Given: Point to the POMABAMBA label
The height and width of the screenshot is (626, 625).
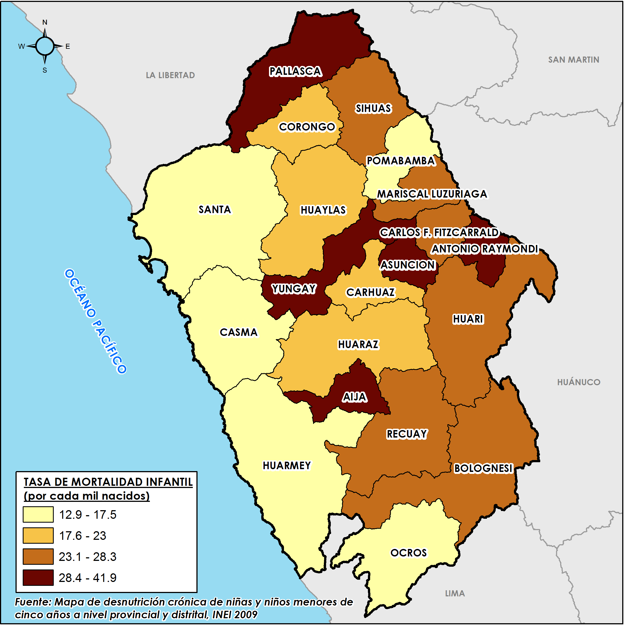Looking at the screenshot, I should pos(401,161).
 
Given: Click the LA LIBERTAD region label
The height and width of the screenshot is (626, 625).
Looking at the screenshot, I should pos(170,75).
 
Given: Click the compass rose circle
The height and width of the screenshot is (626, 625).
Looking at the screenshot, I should pos(45,46).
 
